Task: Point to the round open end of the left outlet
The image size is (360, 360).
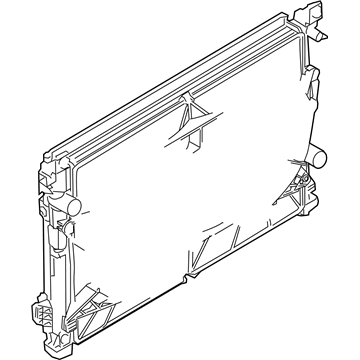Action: coord(75,205)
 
